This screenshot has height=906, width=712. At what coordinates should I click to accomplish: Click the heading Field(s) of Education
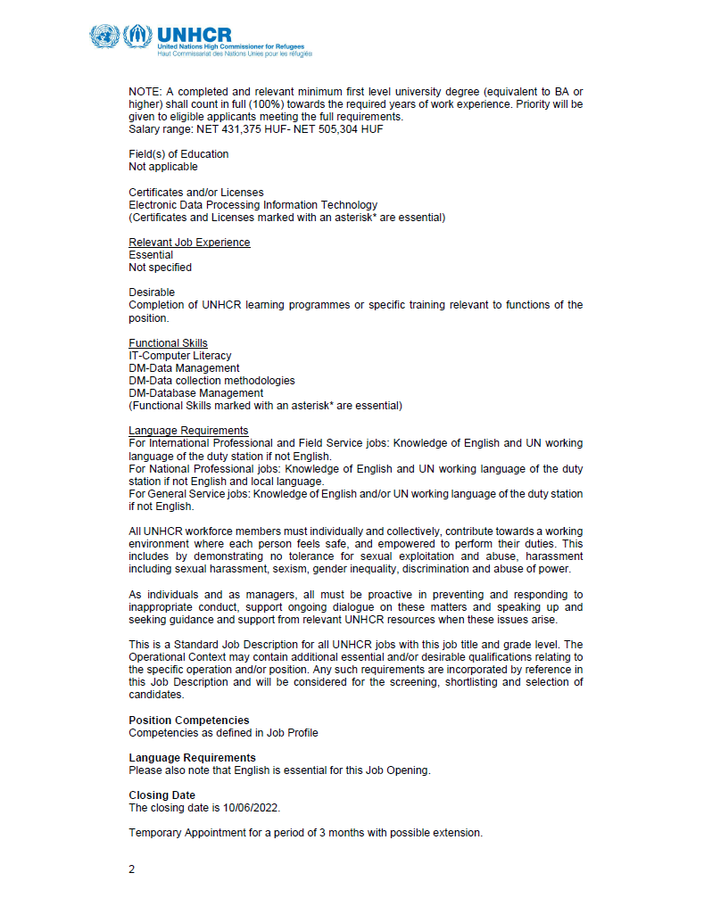[x=178, y=154]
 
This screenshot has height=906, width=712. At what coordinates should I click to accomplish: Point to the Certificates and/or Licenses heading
[x=195, y=193]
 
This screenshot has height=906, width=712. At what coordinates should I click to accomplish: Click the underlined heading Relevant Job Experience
[x=189, y=243]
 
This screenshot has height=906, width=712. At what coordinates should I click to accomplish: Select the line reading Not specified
[x=160, y=268]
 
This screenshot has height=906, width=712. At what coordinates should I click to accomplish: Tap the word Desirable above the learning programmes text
[x=152, y=292]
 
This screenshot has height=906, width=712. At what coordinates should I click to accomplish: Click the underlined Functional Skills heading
[x=168, y=343]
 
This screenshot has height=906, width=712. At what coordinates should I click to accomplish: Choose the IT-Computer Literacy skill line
[x=179, y=356]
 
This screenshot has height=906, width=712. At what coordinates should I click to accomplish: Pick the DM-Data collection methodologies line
[x=211, y=381]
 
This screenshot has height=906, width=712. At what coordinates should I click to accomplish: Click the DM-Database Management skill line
[x=195, y=393]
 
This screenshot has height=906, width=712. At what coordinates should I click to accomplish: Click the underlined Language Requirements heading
[x=188, y=431]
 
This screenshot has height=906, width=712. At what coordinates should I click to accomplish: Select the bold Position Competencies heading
[x=189, y=721]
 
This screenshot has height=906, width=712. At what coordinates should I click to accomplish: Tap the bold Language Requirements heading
[x=192, y=758]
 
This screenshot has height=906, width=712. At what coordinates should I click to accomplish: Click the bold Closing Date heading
[x=161, y=795]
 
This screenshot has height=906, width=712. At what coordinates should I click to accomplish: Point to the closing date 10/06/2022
[x=248, y=808]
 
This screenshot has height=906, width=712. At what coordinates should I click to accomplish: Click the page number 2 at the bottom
[x=132, y=869]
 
